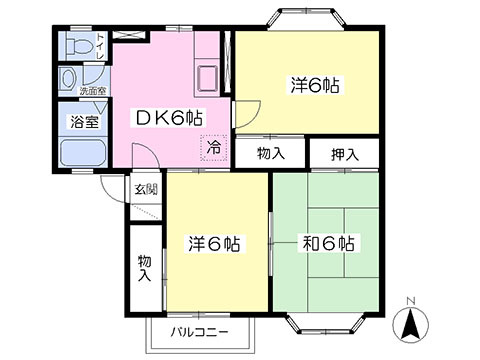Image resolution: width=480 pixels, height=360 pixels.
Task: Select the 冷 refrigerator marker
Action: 213,147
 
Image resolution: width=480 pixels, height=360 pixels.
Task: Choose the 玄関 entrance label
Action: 145,189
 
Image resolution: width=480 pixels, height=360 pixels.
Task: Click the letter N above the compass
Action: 410,300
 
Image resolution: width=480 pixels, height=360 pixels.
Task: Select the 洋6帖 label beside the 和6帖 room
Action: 215,243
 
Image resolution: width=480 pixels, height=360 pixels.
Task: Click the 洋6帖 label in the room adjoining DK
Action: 315,85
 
